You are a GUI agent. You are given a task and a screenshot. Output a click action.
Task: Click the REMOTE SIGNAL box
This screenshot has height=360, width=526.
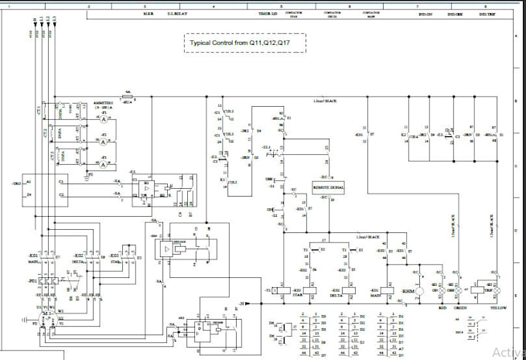click(x=328, y=187)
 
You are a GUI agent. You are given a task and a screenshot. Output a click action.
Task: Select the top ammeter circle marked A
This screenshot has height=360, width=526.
click(x=104, y=120)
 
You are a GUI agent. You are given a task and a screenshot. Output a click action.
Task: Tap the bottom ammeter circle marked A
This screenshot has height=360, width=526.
click(x=104, y=164)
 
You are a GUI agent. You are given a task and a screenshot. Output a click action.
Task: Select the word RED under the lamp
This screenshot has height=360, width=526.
click(x=443, y=307)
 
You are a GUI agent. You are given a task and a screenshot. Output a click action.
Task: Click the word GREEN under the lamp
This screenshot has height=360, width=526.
click(x=460, y=307)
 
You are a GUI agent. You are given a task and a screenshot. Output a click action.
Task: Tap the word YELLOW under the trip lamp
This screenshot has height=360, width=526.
click(x=500, y=307)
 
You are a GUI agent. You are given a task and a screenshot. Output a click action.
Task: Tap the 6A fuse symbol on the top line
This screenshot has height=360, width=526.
click(x=128, y=98)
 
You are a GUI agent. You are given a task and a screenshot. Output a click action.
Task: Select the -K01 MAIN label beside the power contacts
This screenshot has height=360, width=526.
click(x=34, y=257)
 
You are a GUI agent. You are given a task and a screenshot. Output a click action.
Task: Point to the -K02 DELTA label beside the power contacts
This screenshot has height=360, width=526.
click(x=78, y=257)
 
